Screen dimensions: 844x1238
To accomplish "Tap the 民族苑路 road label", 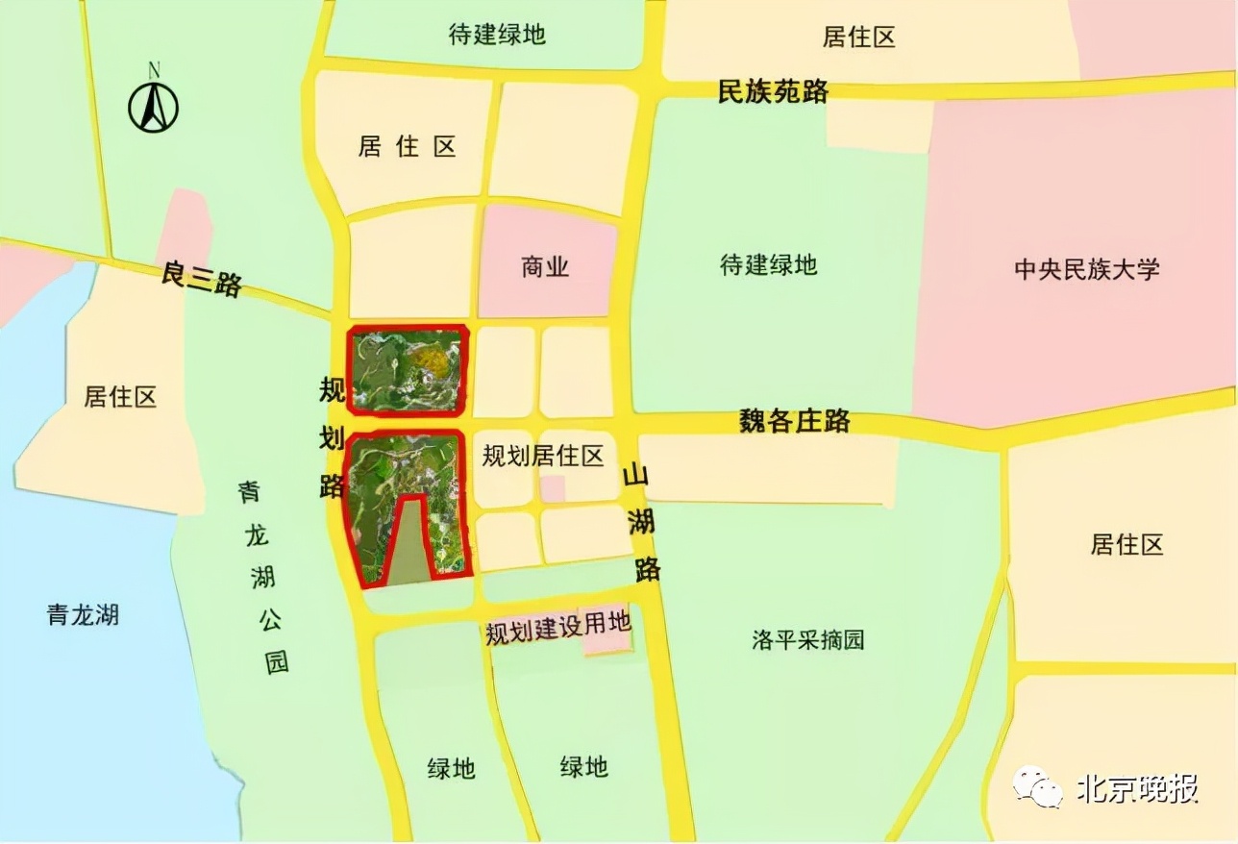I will click(773, 91).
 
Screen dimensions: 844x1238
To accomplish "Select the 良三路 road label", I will click(201, 280).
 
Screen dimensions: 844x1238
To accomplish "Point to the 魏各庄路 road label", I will click(794, 420).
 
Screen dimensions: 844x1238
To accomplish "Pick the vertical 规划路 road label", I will click(332, 437).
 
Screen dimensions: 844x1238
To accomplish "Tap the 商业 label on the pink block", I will click(545, 266).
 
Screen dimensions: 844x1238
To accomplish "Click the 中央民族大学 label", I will click(1086, 268).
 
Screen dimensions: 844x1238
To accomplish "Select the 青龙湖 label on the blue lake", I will click(83, 614).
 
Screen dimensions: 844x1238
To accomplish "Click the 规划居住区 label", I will click(543, 456).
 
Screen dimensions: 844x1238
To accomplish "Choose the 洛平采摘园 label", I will click(807, 640).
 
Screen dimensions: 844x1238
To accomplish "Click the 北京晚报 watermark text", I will click(1137, 788).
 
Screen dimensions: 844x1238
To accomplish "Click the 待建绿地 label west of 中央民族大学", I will click(768, 264).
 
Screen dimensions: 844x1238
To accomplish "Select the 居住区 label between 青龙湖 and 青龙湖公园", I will click(120, 396).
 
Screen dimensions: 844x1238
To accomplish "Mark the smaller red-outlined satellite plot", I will click(408, 368).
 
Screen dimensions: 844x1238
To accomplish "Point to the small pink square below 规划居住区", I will click(552, 487).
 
